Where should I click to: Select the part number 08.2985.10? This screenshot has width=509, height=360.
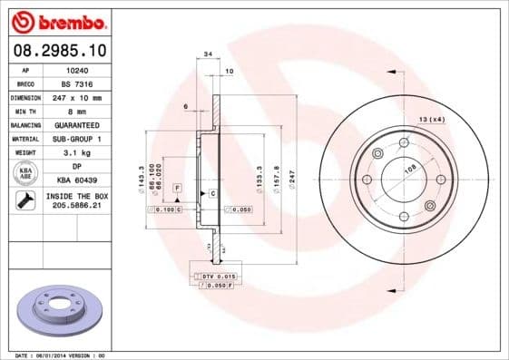(x=59, y=51)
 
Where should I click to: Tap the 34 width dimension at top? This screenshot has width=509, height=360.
(x=208, y=55)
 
